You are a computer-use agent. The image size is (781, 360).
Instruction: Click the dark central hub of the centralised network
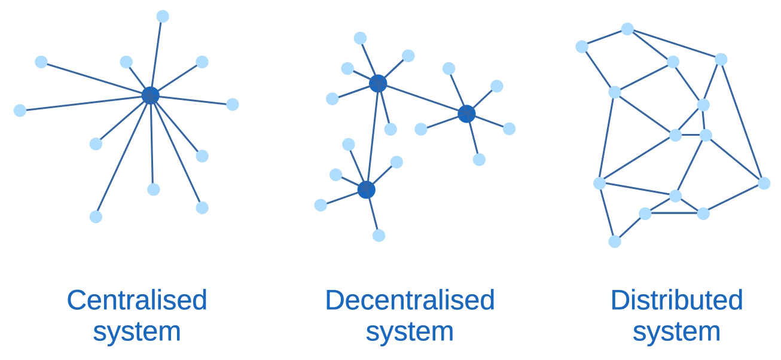(151, 95)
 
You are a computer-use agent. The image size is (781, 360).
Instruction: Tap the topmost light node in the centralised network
(163, 16)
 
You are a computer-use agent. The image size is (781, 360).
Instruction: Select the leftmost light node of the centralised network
(20, 111)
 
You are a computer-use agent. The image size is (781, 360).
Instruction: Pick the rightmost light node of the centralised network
(233, 105)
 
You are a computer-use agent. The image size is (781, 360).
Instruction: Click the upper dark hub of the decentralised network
(378, 84)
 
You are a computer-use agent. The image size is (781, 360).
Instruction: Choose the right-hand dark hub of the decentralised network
(466, 114)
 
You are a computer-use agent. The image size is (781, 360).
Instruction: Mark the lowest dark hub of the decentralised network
(367, 190)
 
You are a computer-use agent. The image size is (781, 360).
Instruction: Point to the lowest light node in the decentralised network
(379, 236)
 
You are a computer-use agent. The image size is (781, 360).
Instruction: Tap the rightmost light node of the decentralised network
(509, 129)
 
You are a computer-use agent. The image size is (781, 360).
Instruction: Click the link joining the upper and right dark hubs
(422, 99)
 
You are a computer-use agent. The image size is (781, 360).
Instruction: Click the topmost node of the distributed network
(627, 29)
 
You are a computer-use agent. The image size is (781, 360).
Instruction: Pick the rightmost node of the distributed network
(764, 183)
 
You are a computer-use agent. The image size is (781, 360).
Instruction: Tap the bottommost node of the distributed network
(615, 242)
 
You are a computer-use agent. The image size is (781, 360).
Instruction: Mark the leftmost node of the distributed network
(582, 47)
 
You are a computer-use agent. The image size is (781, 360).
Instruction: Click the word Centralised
(137, 300)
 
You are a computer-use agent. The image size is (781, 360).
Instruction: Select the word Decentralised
(410, 300)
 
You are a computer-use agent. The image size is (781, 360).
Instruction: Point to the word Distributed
(676, 300)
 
